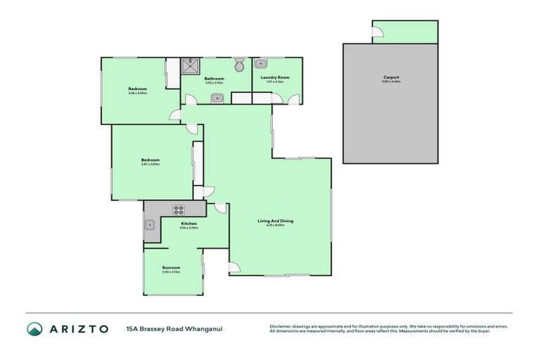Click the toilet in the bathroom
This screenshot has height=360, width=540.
click(x=240, y=65)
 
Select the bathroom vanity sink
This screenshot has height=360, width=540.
click(x=216, y=98)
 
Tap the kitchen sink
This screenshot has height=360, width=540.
click(x=150, y=225)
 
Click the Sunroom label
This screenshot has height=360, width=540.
click(x=171, y=267)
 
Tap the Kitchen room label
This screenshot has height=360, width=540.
click(x=188, y=224)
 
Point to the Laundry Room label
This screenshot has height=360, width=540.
click(x=275, y=77)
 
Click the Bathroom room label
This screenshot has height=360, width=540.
click(x=214, y=78)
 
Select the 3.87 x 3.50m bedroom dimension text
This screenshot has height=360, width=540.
click(x=150, y=165)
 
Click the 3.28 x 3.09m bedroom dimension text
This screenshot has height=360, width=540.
click(x=137, y=93)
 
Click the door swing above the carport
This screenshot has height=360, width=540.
click(x=377, y=31)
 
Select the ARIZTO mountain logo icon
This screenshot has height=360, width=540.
click(x=34, y=328)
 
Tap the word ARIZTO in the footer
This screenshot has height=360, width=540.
click(x=79, y=328)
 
